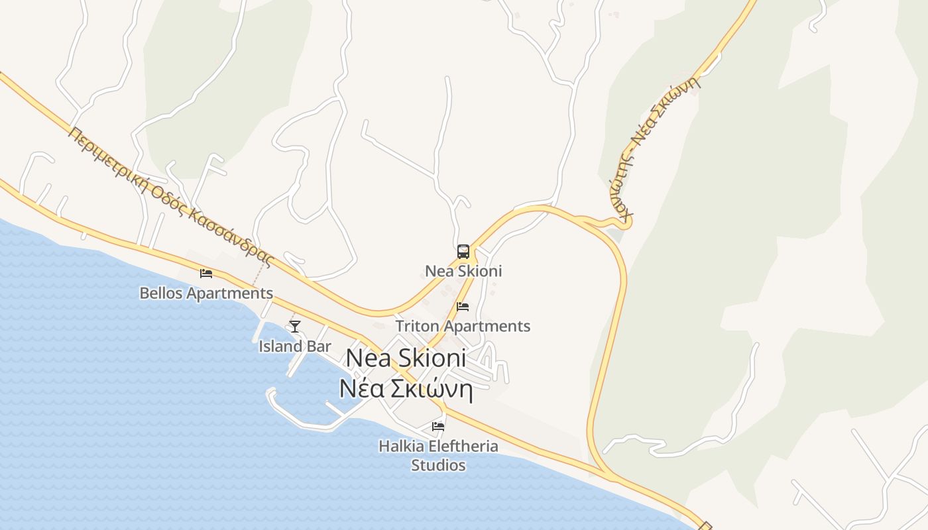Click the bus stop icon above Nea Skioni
click(x=463, y=252)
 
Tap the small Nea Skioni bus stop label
click(x=463, y=271)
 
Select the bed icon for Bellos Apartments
click(x=206, y=273)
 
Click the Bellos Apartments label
click(x=206, y=293)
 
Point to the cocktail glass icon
click(x=295, y=326)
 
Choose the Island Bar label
click(x=295, y=346)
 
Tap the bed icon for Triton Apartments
click(x=463, y=306)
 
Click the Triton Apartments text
click(x=463, y=326)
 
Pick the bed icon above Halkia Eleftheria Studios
click(x=438, y=426)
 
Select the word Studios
click(x=438, y=465)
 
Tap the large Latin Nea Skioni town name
click(x=406, y=358)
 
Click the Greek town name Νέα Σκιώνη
click(x=406, y=389)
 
